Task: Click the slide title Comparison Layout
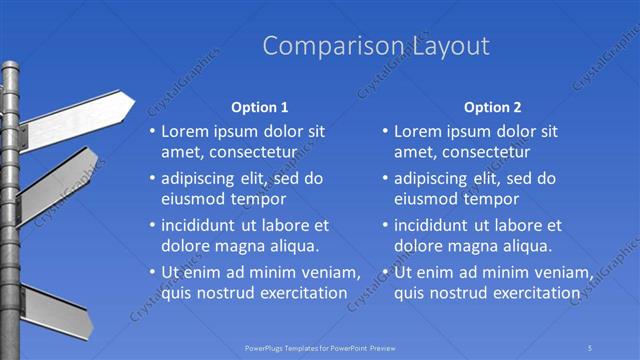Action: click(x=376, y=46)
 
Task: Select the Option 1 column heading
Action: click(x=259, y=107)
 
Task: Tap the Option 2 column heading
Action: click(x=492, y=107)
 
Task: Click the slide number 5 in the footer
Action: click(x=591, y=347)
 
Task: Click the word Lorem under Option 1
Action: click(x=184, y=131)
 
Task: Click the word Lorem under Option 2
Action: click(x=417, y=131)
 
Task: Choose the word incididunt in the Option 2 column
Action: click(x=434, y=225)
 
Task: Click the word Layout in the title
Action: click(x=449, y=46)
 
